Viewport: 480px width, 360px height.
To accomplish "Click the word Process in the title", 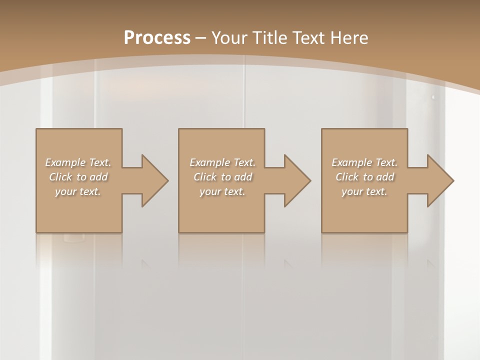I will tap(157, 38).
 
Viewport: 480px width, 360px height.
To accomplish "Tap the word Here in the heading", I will tap(348, 38).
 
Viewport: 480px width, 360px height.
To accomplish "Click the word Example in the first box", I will tap(65, 162).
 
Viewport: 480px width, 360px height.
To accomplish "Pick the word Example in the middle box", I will tap(209, 162).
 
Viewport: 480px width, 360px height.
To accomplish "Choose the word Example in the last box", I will tap(351, 162).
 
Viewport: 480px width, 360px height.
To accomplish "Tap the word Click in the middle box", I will tap(205, 177).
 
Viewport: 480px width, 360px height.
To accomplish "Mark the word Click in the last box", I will tap(347, 177).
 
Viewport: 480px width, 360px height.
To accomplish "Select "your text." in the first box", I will tap(78, 191).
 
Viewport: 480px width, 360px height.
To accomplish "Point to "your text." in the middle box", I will tap(222, 191).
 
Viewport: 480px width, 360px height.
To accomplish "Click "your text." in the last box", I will tap(364, 191).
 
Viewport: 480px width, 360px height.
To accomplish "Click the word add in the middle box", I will tap(243, 177).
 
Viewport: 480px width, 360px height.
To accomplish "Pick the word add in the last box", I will tap(385, 177).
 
